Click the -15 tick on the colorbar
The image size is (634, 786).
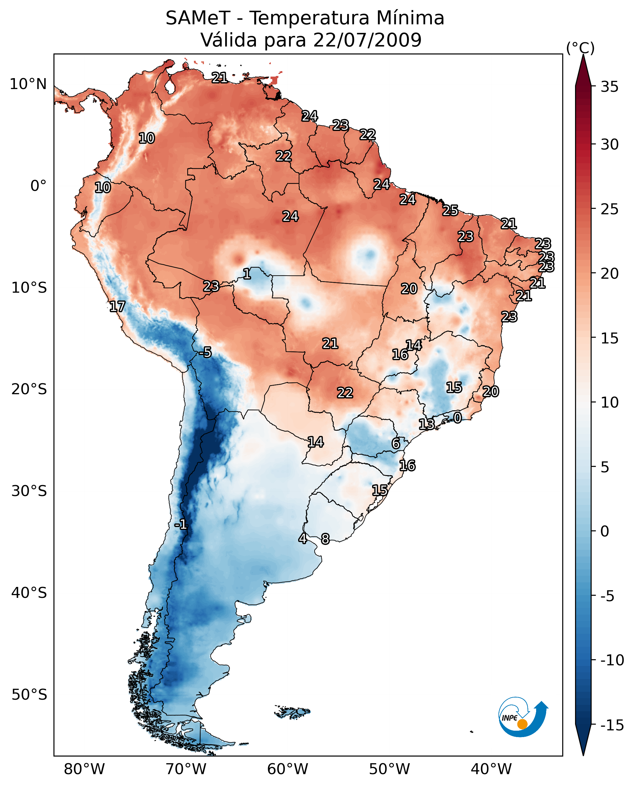pos(612,726)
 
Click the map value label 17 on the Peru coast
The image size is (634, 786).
pos(117,306)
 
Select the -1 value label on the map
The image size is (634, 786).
pos(181,525)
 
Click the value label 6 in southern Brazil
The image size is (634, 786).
pos(396,443)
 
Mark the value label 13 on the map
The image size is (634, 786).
pos(426,424)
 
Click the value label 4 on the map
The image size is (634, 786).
pos(302,538)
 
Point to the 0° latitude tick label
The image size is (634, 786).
pos(38,186)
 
